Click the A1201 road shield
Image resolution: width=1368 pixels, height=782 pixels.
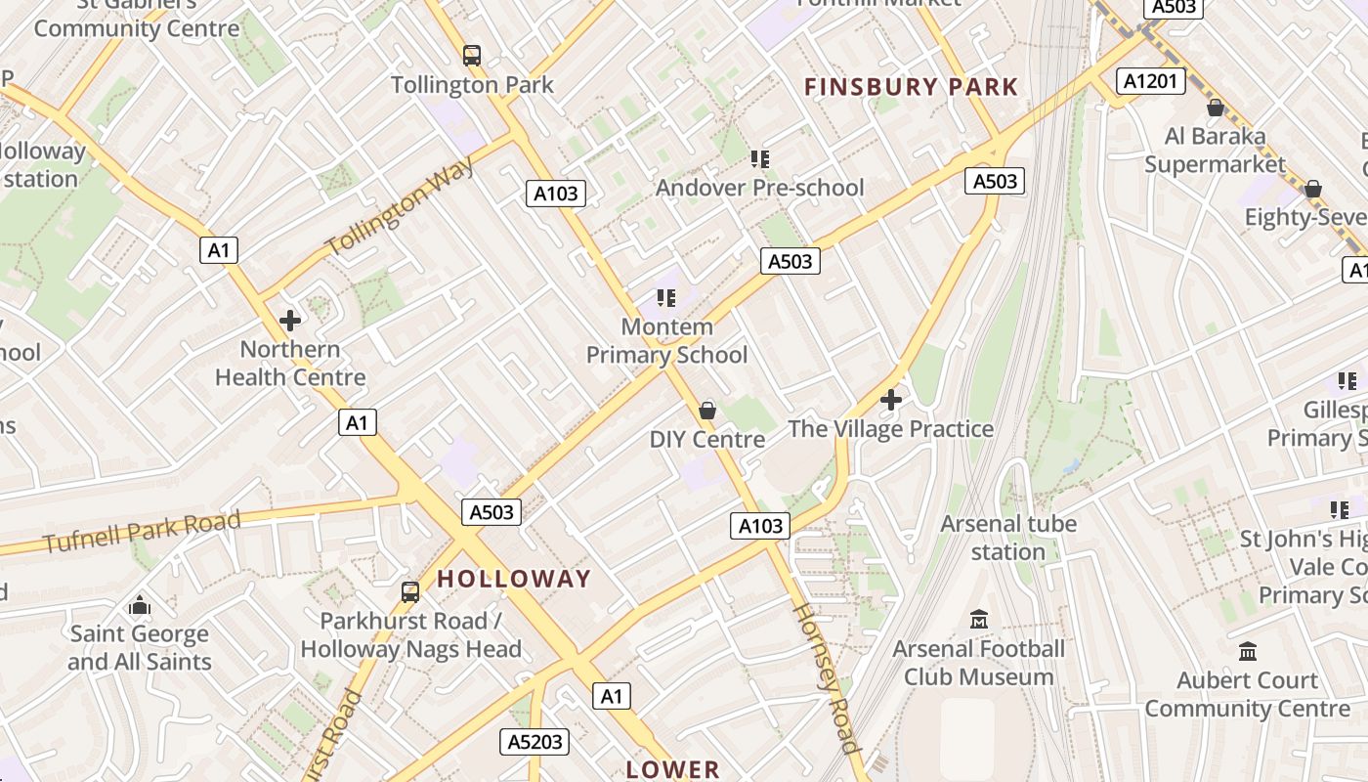[x=1151, y=81]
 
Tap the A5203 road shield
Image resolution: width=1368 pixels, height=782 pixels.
[x=535, y=742]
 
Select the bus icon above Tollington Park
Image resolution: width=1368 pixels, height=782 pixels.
[x=472, y=56]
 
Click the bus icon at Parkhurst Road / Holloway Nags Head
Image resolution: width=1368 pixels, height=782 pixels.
[x=410, y=591]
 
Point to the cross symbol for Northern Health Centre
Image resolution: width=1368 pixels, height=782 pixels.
[x=290, y=320]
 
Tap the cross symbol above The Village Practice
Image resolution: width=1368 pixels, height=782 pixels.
[x=890, y=400]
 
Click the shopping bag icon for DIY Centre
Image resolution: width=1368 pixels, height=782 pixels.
[x=707, y=411]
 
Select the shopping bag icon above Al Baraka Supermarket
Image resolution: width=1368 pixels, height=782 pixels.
[x=1216, y=108]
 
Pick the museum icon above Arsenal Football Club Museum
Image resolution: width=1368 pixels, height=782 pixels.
[x=978, y=620]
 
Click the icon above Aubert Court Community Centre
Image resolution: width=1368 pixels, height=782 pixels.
[x=1248, y=651]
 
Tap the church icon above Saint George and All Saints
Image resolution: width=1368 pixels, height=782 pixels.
[x=140, y=605]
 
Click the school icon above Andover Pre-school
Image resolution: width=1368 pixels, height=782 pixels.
[x=759, y=158]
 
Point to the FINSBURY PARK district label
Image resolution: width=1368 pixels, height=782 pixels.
[x=911, y=87]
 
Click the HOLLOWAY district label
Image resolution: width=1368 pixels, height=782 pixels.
[x=514, y=579]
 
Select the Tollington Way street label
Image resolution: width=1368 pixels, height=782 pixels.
[x=401, y=207]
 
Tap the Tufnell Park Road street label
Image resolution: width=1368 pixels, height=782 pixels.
[x=142, y=531]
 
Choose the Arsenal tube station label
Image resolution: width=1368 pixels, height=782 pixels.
[x=1008, y=538]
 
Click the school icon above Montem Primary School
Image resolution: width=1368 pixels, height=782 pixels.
[x=666, y=297]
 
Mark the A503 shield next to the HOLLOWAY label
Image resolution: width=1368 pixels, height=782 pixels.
[x=491, y=512]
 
